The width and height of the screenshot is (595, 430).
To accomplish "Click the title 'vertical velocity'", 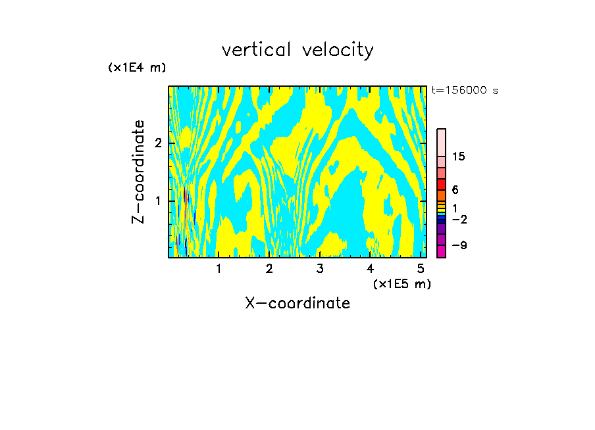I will tap(297, 50).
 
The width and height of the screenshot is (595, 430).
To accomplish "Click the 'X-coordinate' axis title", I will tap(297, 303).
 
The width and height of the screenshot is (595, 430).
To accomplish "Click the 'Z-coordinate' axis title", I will tap(138, 172).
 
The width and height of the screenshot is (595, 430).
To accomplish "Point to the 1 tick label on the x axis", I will tap(219, 269).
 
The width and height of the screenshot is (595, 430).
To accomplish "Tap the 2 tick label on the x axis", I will tap(269, 269).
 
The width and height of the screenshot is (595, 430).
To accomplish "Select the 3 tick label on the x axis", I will tap(319, 269).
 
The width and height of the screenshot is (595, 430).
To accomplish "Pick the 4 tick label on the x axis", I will tap(370, 269).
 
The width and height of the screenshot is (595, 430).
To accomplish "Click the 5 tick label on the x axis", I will tap(421, 269).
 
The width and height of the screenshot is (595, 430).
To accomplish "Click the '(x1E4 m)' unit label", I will tap(137, 68).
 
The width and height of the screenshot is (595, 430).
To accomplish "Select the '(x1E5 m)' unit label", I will tap(401, 283).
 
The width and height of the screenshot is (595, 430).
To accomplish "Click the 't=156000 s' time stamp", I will tap(464, 91).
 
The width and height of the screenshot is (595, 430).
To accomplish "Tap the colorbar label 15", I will tap(459, 156).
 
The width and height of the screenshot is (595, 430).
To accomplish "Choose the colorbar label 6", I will tap(455, 190).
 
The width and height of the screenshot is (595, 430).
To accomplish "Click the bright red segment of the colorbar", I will tap(441, 184).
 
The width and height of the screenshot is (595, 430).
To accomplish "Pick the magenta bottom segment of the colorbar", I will tap(441, 251).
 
